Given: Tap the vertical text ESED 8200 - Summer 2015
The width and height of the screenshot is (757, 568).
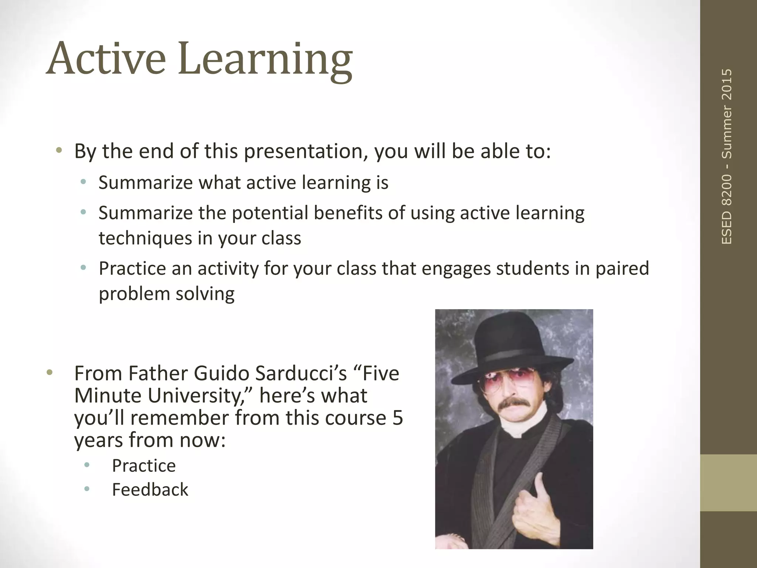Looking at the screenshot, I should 727,156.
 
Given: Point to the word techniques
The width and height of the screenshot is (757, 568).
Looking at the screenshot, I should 145,238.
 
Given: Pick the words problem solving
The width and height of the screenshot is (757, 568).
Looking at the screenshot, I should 166,294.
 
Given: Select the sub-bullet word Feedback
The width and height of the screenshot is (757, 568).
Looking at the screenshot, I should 150,490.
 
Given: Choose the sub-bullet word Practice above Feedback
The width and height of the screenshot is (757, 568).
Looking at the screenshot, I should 143,466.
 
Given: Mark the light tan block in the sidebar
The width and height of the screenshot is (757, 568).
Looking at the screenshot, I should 728,483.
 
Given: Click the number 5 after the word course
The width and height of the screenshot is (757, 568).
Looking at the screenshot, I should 397,418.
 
